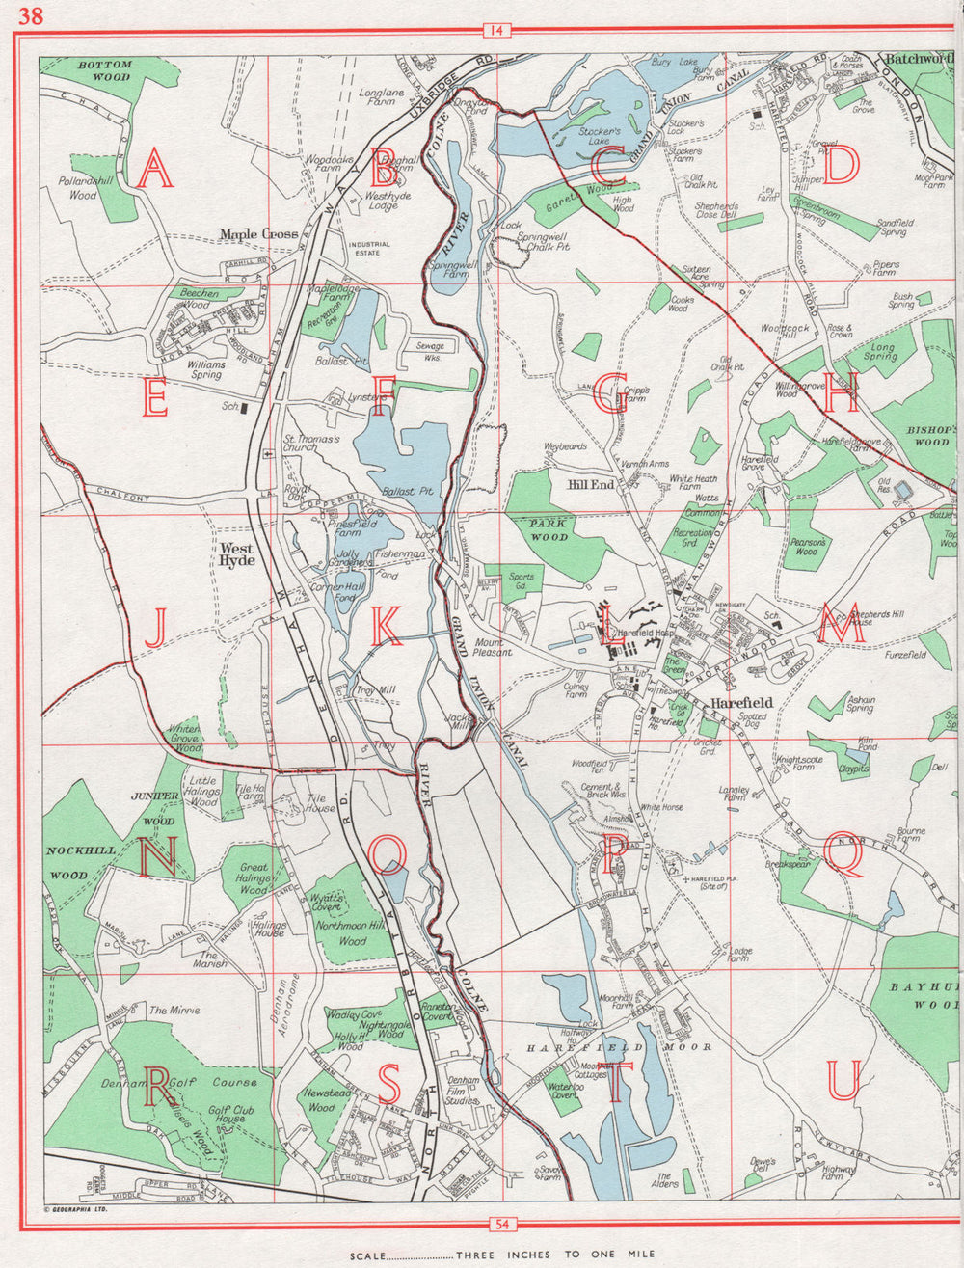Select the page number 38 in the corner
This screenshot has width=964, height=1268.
[x=30, y=15]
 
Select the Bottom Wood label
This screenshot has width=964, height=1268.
[x=105, y=70]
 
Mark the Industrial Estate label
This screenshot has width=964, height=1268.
[x=369, y=250]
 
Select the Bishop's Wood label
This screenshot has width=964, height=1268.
[x=931, y=434]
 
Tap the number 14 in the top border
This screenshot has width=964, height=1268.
[x=496, y=31]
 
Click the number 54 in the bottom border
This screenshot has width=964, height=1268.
[x=502, y=1225]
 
